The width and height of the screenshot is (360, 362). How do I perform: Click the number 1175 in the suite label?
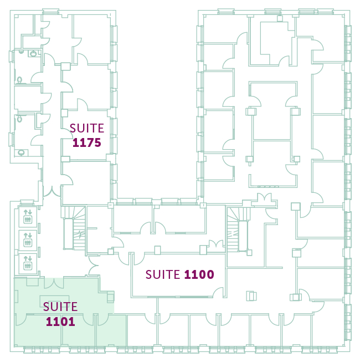click(87, 142)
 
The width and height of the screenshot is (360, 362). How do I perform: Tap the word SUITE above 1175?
click(87, 128)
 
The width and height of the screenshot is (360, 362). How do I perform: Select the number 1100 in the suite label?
click(199, 274)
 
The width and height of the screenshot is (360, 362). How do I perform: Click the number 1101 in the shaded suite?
click(60, 322)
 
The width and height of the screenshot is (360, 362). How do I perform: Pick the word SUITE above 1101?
click(60, 307)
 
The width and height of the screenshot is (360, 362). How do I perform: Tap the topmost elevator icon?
click(28, 217)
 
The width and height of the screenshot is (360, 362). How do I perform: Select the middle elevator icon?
click(28, 240)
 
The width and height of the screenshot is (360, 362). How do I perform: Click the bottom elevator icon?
click(28, 263)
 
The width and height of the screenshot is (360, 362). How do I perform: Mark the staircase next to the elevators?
click(74, 228)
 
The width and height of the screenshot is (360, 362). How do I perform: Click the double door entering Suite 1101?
click(54, 283)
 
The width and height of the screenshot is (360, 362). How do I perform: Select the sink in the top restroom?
click(33, 54)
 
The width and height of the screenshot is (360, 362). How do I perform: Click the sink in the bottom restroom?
click(21, 152)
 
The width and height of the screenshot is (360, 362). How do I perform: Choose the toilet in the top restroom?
click(19, 80)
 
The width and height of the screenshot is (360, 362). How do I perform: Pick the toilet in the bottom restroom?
click(19, 119)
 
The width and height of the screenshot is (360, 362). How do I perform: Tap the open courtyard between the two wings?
click(157, 104)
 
